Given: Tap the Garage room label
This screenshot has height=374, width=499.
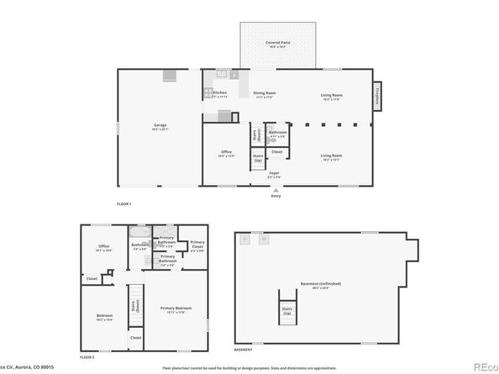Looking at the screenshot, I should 160,127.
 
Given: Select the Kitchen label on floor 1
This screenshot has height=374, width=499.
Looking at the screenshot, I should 220,93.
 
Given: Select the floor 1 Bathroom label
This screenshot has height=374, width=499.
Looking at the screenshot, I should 278,133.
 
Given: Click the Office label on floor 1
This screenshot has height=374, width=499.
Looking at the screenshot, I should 226,153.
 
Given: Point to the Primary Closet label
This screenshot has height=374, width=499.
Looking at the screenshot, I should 197,246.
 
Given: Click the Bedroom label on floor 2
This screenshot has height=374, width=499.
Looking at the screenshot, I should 105,318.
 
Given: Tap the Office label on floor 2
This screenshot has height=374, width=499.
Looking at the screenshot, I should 104,247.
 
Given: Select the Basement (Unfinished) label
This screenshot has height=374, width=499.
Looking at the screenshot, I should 321,284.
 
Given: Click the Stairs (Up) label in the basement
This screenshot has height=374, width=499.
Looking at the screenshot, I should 287,311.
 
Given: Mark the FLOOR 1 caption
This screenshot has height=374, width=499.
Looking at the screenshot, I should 124,204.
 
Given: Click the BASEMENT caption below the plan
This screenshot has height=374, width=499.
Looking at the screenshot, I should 243,349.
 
